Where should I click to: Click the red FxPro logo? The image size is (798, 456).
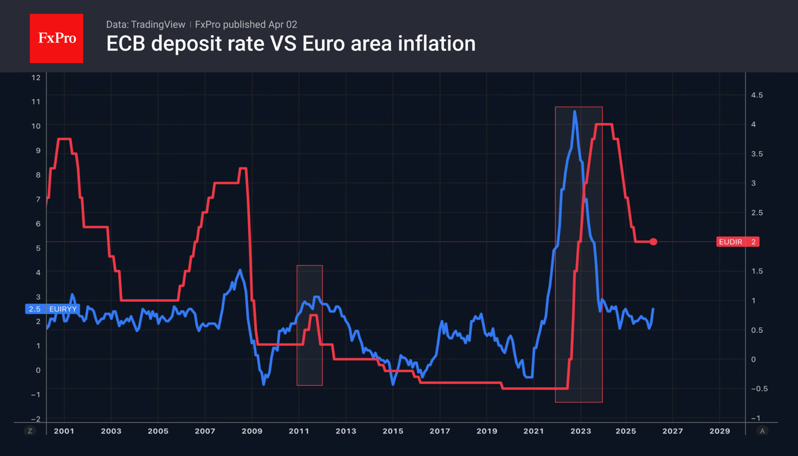point(56,38)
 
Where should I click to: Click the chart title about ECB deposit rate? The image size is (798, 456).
point(291,44)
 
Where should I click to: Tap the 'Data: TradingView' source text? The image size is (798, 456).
point(145,24)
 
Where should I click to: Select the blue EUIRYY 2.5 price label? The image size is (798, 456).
point(52,309)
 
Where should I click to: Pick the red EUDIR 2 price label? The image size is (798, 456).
point(737,242)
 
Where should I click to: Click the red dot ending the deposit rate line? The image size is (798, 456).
point(653,242)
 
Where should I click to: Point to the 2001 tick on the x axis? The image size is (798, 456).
point(64,431)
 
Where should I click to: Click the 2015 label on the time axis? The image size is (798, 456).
point(393,431)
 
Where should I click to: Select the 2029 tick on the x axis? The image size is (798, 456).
point(719,431)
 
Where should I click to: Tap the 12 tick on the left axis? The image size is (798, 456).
point(36,78)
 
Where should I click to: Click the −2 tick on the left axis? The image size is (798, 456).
point(36,419)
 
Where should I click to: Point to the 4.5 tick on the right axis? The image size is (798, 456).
point(756,95)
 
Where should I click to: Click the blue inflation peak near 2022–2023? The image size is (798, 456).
point(574,112)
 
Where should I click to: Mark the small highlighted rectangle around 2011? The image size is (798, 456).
point(309,325)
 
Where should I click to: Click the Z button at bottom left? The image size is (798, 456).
point(30,431)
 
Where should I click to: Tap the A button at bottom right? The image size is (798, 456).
point(762,431)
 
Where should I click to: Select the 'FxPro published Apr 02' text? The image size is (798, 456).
point(246,24)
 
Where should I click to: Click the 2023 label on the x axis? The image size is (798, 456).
point(580,431)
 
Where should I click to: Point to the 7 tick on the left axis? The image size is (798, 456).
point(38,199)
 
